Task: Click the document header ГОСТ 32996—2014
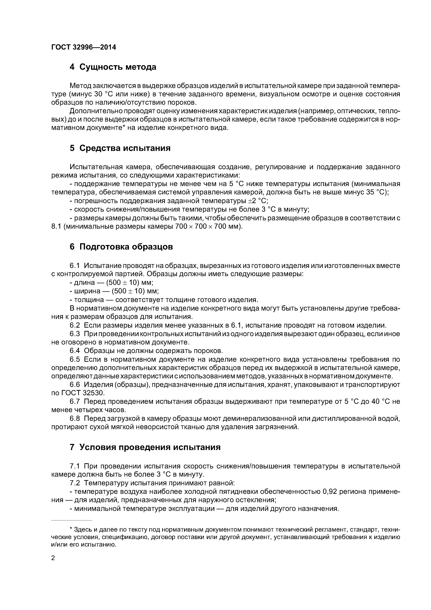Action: click(83, 47)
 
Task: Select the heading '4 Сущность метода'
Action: click(113, 67)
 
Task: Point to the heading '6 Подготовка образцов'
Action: click(121, 247)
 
